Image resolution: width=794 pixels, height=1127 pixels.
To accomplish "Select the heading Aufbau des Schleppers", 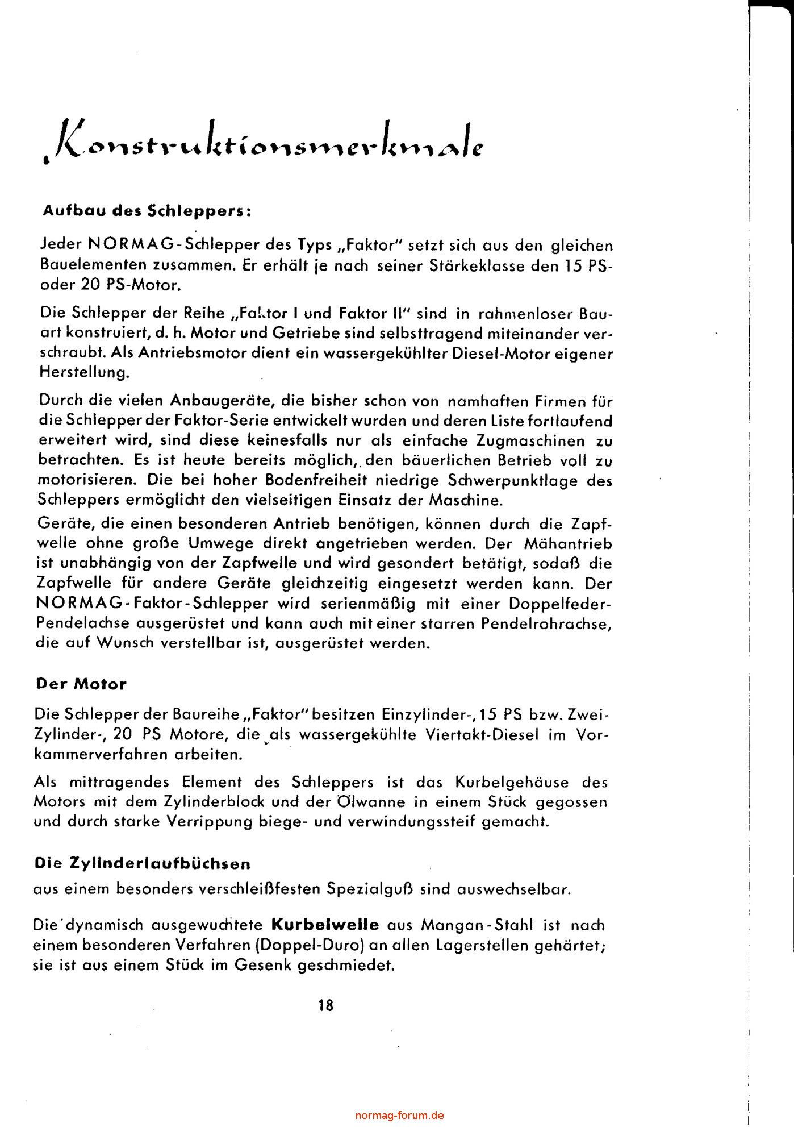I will tap(147, 211).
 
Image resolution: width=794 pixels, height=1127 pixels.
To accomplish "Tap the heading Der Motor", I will tap(81, 684).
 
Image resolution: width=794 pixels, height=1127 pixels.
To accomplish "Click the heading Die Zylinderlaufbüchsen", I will tap(143, 863).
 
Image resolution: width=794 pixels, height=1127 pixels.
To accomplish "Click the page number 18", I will tap(326, 1005).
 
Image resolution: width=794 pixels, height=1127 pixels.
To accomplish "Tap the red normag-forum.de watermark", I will tap(399, 1115).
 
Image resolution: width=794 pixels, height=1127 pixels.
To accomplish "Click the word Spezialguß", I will tap(370, 889).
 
